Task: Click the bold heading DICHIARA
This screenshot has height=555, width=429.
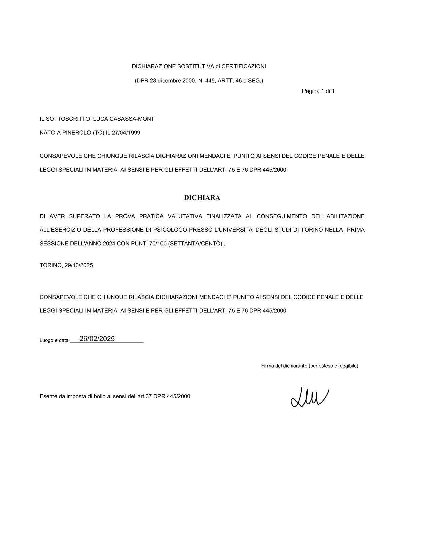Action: [202, 198]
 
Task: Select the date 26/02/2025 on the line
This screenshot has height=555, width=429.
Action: [97, 339]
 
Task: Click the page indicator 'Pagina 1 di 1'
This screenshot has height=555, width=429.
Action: [318, 91]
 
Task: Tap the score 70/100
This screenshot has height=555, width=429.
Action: [158, 244]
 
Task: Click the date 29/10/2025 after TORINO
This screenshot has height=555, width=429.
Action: [78, 265]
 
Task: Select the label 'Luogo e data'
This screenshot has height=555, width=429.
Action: [54, 340]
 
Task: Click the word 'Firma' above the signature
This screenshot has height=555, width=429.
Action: [267, 366]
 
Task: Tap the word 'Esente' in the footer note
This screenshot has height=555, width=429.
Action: [48, 396]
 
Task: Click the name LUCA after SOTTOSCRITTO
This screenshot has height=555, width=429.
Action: [100, 119]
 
